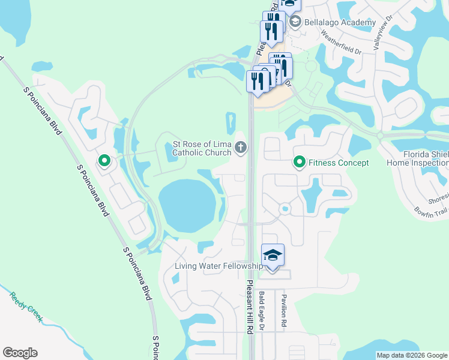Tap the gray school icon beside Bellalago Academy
[x=295, y=22]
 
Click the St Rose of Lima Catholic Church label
[x=202, y=148]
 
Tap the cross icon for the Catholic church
[x=240, y=147]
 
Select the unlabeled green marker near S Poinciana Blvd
[x=104, y=161]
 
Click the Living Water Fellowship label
[x=218, y=266]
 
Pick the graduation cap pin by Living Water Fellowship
[x=273, y=256]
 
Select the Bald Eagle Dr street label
[x=262, y=311]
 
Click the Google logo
[x=20, y=353]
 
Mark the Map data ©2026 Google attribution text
[x=411, y=355]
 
